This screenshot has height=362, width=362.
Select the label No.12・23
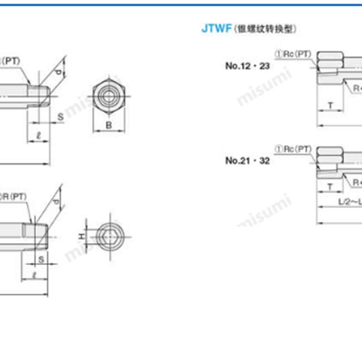coord(248,66)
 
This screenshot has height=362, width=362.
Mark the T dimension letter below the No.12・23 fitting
coord(330,106)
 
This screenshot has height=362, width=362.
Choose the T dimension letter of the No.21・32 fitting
coord(330,186)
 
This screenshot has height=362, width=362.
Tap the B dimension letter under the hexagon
coord(109,125)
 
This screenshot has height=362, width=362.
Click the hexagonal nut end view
coord(109,96)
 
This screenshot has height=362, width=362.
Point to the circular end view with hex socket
coord(109,236)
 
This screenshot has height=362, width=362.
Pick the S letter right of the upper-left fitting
coord(60,117)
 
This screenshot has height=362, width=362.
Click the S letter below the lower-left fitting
coord(41,259)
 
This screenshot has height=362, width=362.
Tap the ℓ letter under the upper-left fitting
coord(38,134)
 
